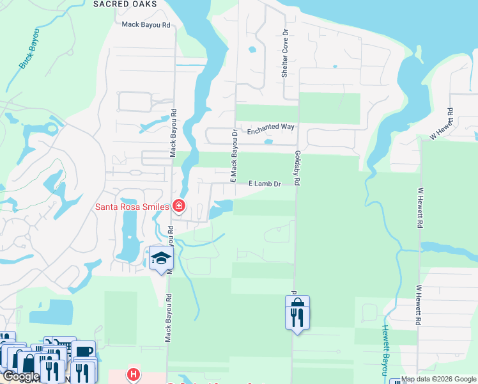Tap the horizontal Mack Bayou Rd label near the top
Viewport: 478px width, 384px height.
tap(146, 25)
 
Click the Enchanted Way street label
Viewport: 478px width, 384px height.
tap(270, 127)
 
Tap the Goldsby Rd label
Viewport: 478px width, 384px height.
tap(298, 168)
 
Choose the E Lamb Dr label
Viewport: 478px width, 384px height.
tap(265, 184)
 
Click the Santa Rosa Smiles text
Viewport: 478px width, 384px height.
tap(132, 206)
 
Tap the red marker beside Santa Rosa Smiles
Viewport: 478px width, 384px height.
tap(180, 206)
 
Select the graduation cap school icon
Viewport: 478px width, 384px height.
tap(160, 259)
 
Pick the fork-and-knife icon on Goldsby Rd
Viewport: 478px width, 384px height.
tap(297, 317)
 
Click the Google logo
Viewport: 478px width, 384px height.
tap(20, 376)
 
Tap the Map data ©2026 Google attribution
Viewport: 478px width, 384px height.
tap(438, 379)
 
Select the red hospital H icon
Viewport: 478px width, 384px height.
tap(133, 374)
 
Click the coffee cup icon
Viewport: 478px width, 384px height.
tap(82, 351)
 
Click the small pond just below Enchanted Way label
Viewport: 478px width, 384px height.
tap(268, 142)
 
